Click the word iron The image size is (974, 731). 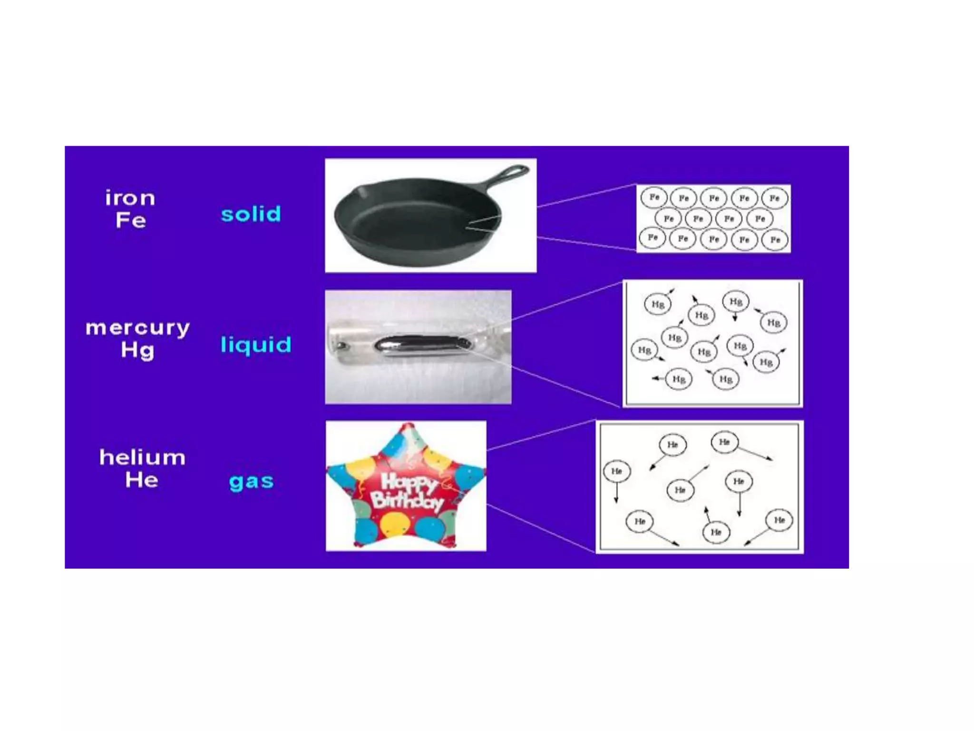tap(130, 198)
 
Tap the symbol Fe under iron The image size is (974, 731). tap(131, 220)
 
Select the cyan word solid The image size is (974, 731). tap(251, 214)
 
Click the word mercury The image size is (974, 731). tap(137, 328)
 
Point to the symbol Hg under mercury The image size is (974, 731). tap(138, 351)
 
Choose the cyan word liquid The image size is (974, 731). tap(256, 345)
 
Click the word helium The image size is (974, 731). tap(142, 457)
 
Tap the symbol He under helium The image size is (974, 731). tap(142, 480)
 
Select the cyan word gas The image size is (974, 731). tap(251, 482)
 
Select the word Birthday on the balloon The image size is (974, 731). tap(407, 501)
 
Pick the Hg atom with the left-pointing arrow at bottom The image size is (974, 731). tap(679, 379)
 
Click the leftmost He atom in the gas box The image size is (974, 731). tap(617, 471)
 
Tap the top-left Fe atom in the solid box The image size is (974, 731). tap(654, 197)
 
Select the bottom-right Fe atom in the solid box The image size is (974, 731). tap(775, 239)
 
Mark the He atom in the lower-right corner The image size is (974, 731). tap(779, 520)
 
